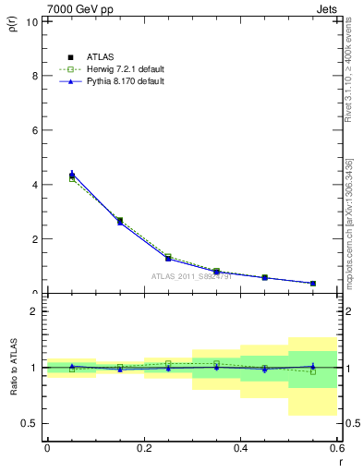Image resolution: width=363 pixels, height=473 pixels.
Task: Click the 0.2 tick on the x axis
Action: pyautogui.click(x=143, y=449)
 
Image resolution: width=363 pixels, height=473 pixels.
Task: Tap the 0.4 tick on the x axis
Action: pyautogui.click(x=240, y=449)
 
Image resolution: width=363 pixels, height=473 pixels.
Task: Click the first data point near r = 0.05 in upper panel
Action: pyautogui.click(x=72, y=175)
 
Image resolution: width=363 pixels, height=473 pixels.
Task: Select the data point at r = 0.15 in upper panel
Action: pyautogui.click(x=120, y=222)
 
